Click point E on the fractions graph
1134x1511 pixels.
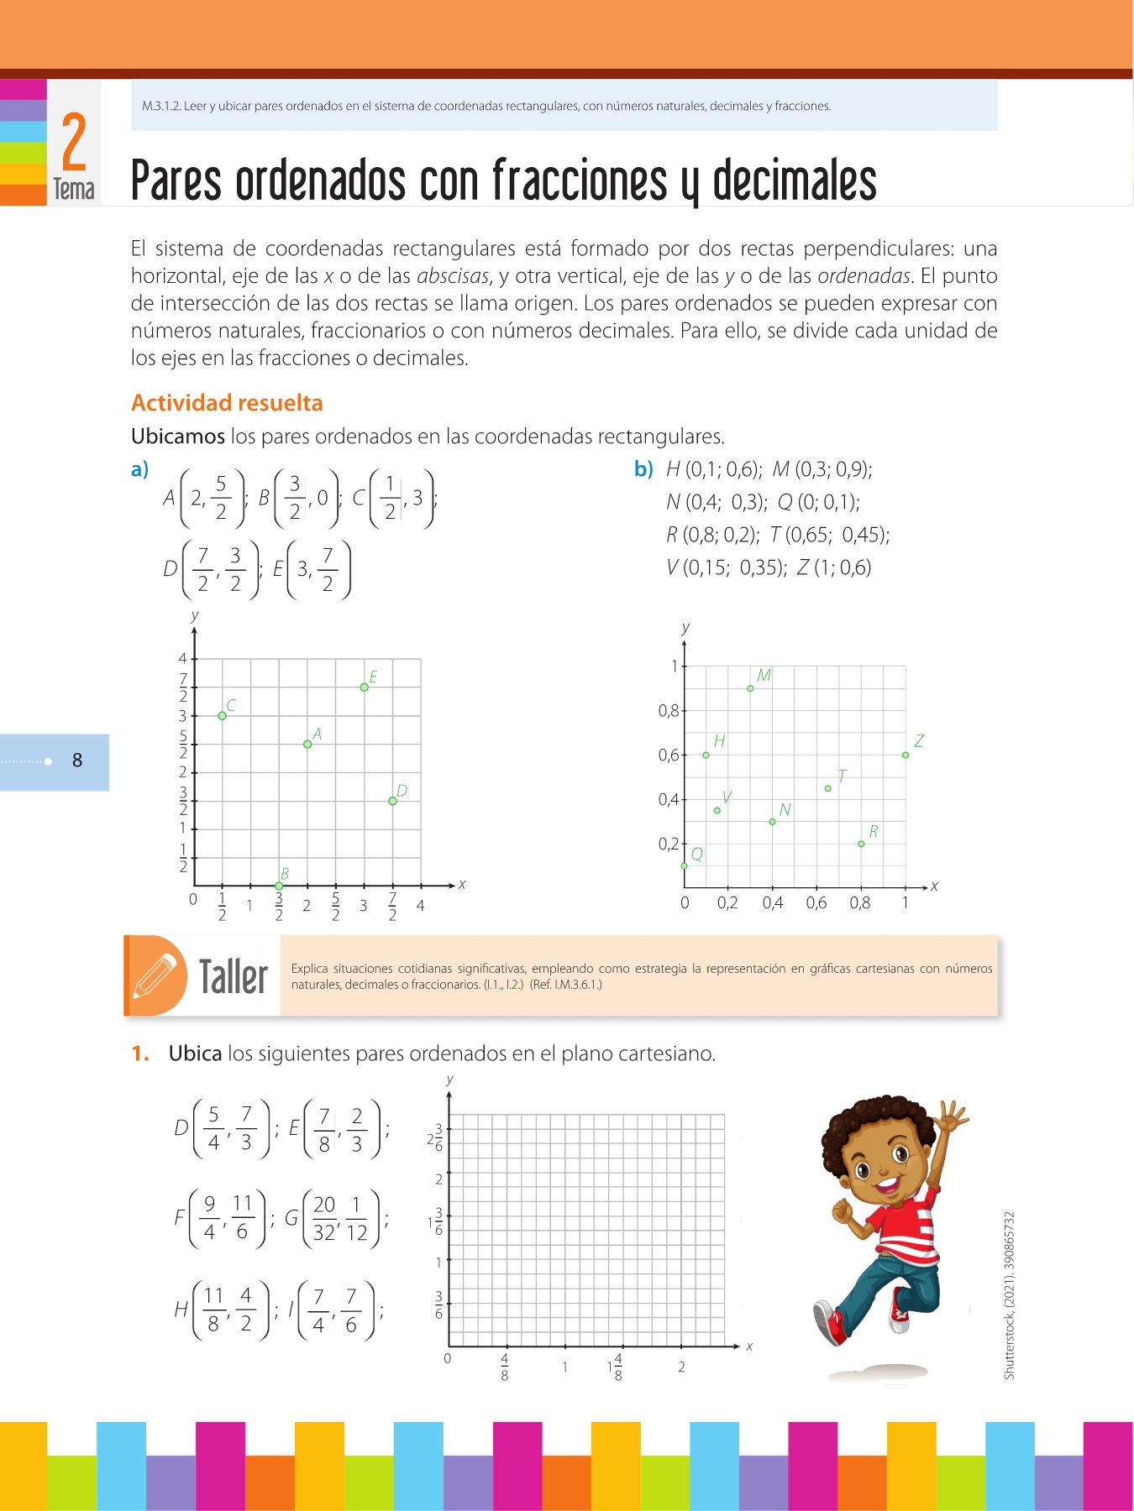(364, 688)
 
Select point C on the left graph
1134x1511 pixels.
(222, 716)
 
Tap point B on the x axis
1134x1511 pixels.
(279, 886)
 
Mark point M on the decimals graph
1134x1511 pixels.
(750, 688)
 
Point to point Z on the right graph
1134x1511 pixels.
(906, 755)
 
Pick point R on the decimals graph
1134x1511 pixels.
(861, 844)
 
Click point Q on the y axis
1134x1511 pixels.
(685, 865)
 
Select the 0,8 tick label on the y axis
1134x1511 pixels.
(669, 711)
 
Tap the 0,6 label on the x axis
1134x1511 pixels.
(816, 903)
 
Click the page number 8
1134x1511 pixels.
(77, 761)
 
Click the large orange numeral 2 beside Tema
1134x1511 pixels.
(74, 143)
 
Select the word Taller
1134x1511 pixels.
(234, 977)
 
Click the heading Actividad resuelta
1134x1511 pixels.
(227, 403)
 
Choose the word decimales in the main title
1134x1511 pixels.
(794, 180)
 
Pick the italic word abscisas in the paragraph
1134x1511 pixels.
(453, 276)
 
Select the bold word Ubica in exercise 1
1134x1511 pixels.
(195, 1054)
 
